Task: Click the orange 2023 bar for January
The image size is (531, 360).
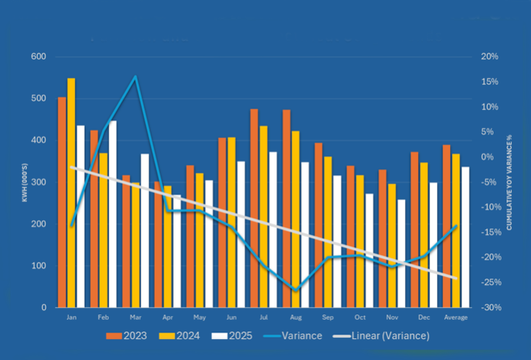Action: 62,202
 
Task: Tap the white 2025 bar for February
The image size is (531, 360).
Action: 112,214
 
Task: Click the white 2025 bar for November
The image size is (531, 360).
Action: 401,253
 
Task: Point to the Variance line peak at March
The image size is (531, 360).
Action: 135,76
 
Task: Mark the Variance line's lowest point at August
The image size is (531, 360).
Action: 295,290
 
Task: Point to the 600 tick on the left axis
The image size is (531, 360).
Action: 38,57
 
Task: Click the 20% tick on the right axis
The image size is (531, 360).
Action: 490,57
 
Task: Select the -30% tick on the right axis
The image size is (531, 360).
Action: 490,308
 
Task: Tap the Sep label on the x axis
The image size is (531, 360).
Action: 328,317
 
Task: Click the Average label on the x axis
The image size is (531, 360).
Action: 455,317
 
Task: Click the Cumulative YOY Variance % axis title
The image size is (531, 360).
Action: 509,182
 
